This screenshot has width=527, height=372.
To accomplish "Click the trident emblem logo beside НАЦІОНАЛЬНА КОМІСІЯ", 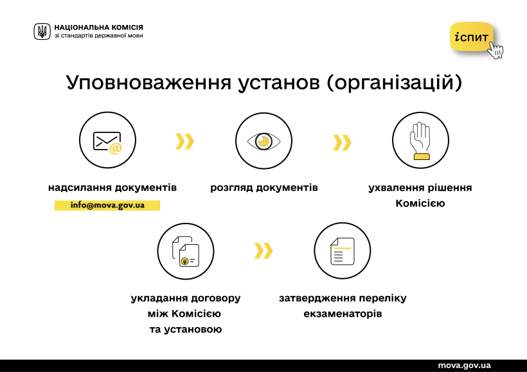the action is (42, 31).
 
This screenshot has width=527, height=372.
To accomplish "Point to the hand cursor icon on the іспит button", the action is (496, 50).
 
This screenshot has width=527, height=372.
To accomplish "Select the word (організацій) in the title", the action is (394, 83).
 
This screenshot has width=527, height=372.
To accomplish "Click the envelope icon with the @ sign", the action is (107, 143).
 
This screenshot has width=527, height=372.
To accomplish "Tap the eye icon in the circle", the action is (264, 141).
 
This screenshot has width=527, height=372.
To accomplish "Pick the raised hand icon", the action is (420, 141).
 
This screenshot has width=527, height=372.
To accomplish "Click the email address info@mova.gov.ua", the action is (107, 205).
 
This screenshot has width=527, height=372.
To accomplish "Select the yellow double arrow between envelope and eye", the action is (185, 141).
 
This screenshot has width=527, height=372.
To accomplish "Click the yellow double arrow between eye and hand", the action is (342, 143).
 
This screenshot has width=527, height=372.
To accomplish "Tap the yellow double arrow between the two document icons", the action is (263, 251).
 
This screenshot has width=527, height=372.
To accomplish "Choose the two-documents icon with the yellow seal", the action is (186, 251).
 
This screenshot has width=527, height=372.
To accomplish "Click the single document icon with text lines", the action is (343, 251).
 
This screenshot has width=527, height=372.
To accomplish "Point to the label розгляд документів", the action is (264, 188).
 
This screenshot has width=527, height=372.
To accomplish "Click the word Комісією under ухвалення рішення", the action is (420, 203).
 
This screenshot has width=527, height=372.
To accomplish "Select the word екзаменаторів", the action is (343, 314).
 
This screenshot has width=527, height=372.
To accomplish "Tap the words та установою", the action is (186, 330).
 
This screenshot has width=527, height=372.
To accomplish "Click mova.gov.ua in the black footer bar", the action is (464, 366).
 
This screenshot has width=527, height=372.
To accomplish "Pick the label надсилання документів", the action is (112, 188).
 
